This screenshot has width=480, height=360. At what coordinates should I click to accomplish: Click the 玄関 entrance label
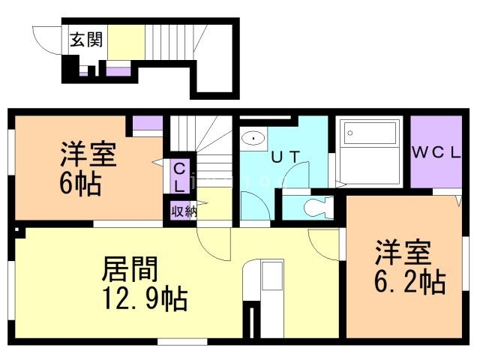pos(88,40)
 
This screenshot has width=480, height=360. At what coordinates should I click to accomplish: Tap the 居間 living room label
pos(132,268)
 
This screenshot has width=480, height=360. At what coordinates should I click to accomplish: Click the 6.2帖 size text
pos(410,281)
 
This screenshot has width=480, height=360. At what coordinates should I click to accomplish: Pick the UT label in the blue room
pos(285,157)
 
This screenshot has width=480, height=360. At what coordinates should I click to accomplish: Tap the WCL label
pos(436,151)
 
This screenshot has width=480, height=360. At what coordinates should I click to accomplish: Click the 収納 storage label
pos(184,211)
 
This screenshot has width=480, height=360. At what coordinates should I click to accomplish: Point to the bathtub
pos(370,136)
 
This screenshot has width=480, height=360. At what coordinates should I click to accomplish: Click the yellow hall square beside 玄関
pos(125,41)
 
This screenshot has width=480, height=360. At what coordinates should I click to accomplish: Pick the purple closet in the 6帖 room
pos(148,124)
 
